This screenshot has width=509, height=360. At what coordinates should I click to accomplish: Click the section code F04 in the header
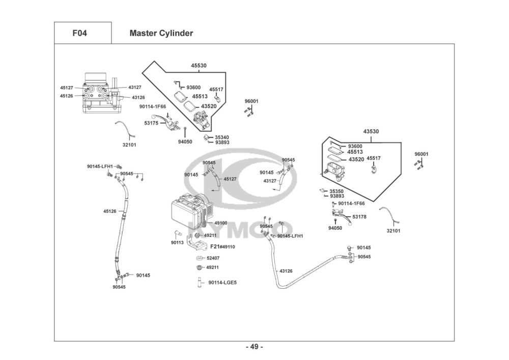tap(79, 34)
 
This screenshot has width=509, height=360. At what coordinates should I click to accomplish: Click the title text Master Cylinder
tap(161, 34)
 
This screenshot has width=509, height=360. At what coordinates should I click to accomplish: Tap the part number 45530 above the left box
tap(199, 66)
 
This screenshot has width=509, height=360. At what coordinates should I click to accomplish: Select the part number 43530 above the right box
tap(371, 131)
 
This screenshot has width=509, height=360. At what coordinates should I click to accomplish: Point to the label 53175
tap(151, 123)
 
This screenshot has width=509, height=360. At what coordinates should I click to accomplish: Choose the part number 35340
tap(221, 137)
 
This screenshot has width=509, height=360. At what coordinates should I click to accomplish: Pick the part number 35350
tap(336, 191)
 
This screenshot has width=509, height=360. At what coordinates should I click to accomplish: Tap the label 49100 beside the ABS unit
tap(220, 223)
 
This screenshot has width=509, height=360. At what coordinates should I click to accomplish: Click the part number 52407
tap(213, 258)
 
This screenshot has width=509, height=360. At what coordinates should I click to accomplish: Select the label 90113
tap(177, 243)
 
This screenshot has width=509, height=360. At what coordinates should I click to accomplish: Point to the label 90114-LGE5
tap(222, 282)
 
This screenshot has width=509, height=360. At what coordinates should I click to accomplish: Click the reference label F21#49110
tap(222, 246)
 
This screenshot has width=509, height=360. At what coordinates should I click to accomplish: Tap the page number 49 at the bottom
tap(254, 347)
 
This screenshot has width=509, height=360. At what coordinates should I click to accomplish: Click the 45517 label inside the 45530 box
tap(216, 90)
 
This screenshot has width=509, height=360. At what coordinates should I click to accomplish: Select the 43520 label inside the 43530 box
tap(356, 159)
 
